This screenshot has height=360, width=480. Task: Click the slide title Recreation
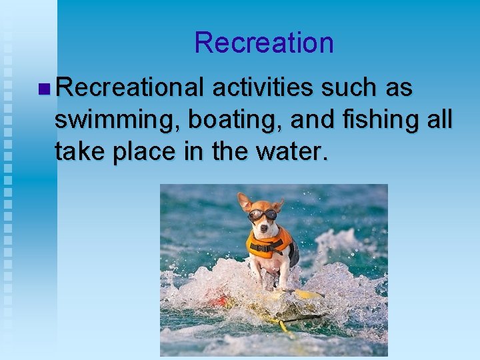263,43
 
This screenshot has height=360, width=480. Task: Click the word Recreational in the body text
129,87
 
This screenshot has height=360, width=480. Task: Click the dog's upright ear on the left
244,200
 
